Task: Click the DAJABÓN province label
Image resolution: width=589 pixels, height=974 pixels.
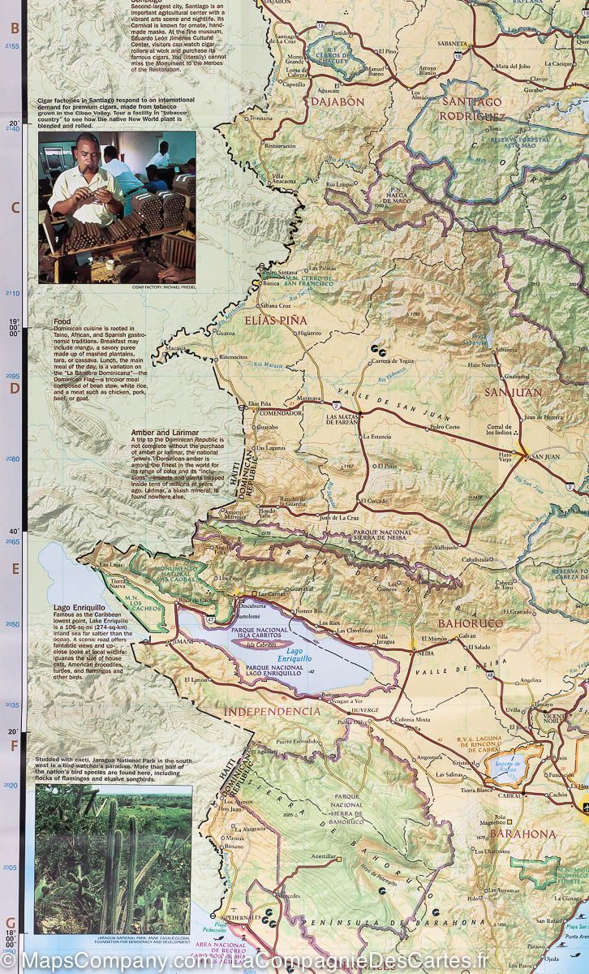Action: pyautogui.click(x=337, y=102)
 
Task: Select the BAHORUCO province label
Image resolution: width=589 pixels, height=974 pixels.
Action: pyautogui.click(x=471, y=623)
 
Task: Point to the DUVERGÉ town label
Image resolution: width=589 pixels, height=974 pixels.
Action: pyautogui.click(x=364, y=709)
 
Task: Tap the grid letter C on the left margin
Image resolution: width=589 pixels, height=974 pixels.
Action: pyautogui.click(x=14, y=207)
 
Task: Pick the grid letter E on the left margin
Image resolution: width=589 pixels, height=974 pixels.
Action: pyautogui.click(x=14, y=569)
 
